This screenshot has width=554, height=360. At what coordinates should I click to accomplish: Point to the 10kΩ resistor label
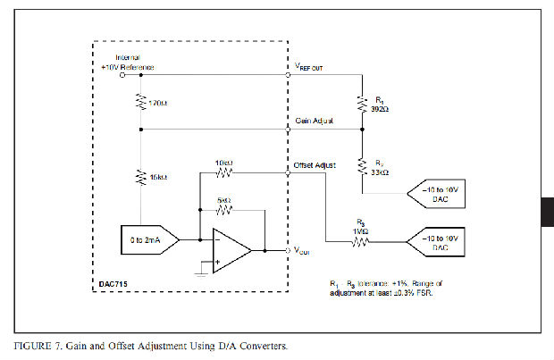pos(224,163)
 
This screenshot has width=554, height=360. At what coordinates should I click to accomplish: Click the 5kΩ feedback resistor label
pos(224,200)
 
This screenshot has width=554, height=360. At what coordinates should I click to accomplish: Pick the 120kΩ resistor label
pos(158,104)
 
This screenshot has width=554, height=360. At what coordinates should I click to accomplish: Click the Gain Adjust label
pos(313,121)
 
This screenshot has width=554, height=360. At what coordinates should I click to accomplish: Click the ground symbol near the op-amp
pos(204,271)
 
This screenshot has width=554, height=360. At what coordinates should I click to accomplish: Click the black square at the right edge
pos(547,211)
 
